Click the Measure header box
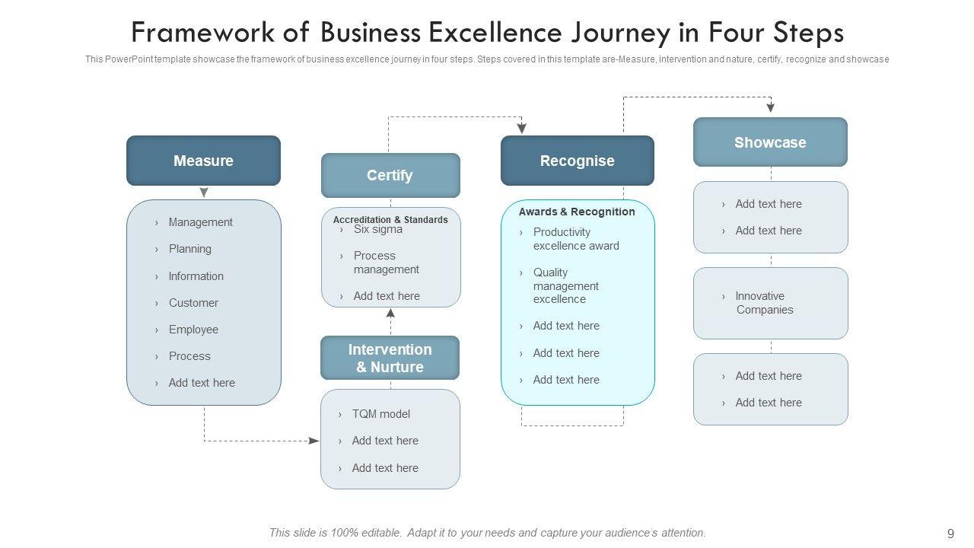click(203, 161)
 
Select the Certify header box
click(390, 175)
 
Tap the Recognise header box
click(577, 161)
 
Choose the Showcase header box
click(770, 142)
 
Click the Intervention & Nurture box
click(390, 358)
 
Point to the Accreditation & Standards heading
click(390, 220)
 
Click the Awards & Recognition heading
click(577, 212)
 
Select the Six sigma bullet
click(377, 230)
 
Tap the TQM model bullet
click(380, 414)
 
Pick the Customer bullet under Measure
click(193, 303)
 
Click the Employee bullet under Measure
click(193, 330)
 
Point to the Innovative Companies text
click(764, 303)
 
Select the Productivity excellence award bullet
click(576, 239)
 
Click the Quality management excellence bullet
click(566, 285)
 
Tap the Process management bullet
click(386, 263)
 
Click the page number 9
click(950, 534)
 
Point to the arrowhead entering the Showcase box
click(771, 109)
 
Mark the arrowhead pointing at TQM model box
click(314, 441)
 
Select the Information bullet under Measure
click(196, 276)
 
